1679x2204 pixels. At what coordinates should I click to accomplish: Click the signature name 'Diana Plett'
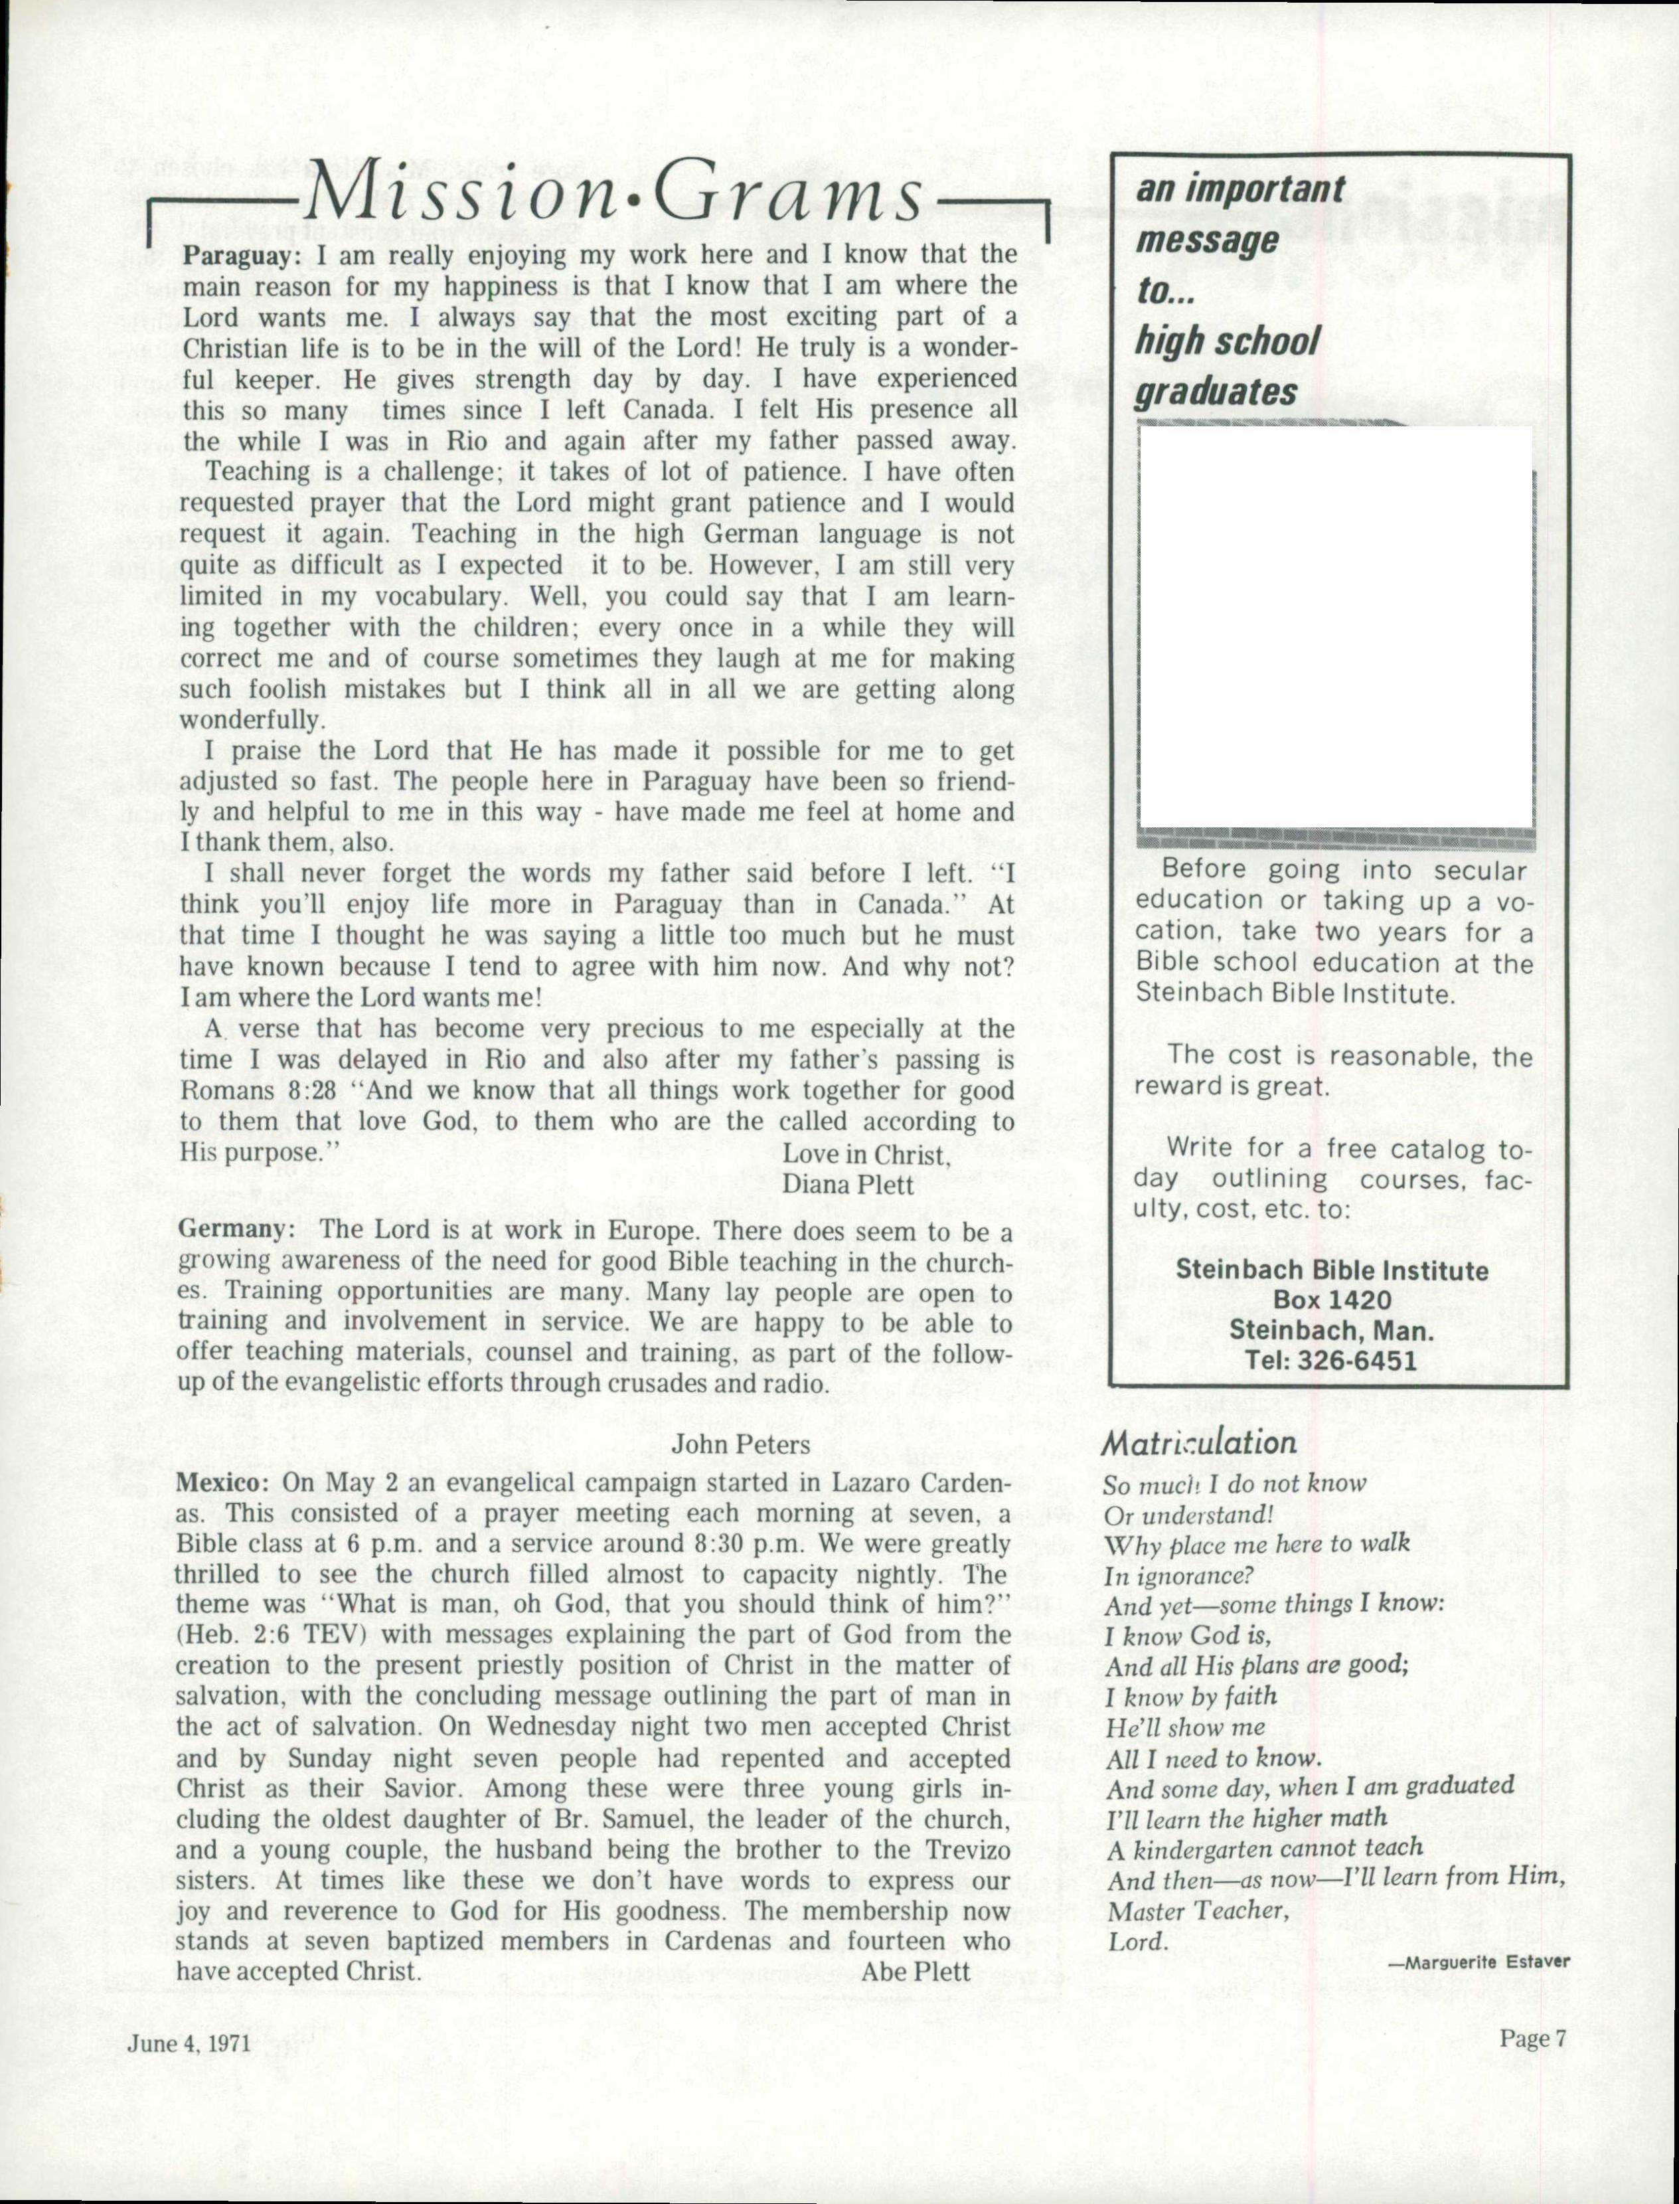pos(848,1185)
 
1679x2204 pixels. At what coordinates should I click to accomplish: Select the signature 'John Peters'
pos(740,1444)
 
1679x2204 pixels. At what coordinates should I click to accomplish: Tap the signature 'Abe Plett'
pos(916,1971)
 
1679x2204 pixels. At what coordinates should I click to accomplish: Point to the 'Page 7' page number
pos(1532,2039)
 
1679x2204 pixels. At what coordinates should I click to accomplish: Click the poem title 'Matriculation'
pos(1198,1442)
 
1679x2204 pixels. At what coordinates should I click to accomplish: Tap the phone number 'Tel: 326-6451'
pos(1330,1361)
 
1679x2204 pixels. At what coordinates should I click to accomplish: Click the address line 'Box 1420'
pos(1331,1300)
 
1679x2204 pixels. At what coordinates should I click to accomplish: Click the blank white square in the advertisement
pos(1335,627)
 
